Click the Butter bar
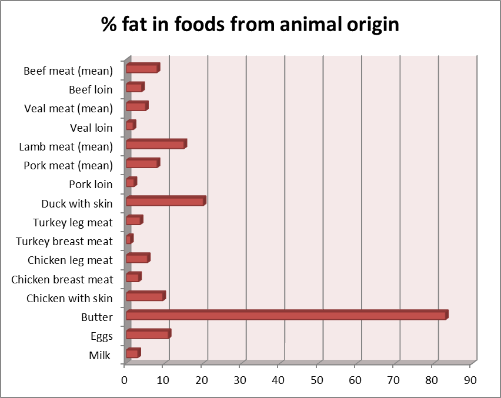286,315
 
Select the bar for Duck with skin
165,202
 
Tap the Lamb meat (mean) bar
156,145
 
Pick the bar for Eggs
148,335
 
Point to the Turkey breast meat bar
129,239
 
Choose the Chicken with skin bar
145,296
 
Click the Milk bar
133,353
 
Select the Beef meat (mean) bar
142,69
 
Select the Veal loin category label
91,128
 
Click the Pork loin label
91,185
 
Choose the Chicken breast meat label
62,279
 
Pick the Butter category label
97,317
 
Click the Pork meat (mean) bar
142,163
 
